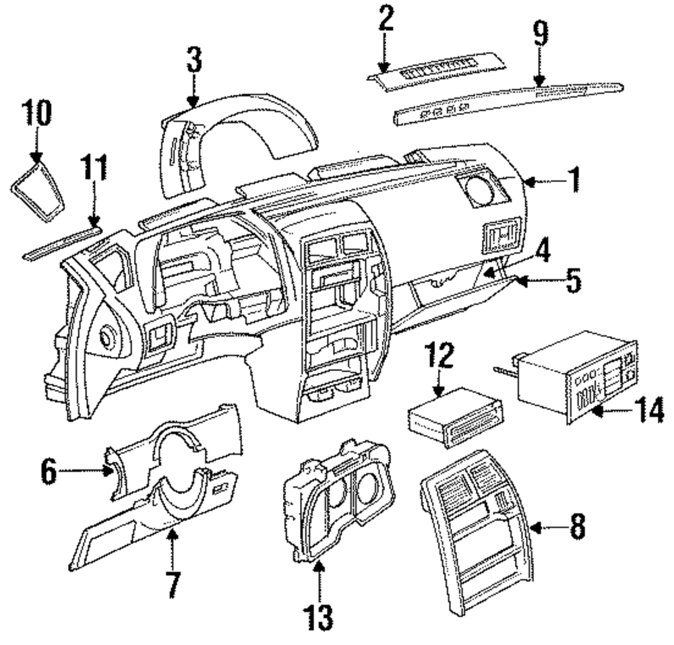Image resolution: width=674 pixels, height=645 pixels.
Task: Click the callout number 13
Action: [x=319, y=614]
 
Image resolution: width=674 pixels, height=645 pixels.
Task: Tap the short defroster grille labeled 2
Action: [x=438, y=74]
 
